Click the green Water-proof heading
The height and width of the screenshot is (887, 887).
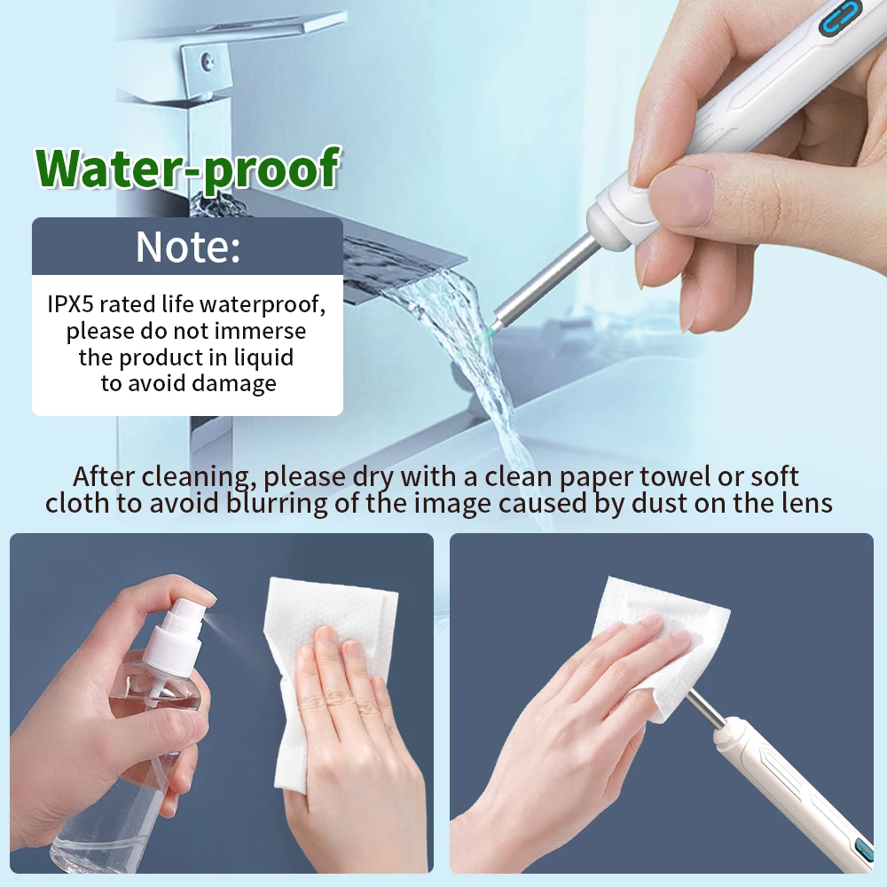[x=188, y=169]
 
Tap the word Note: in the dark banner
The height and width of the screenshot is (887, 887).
[x=187, y=247]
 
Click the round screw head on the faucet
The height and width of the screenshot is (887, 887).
[x=207, y=62]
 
